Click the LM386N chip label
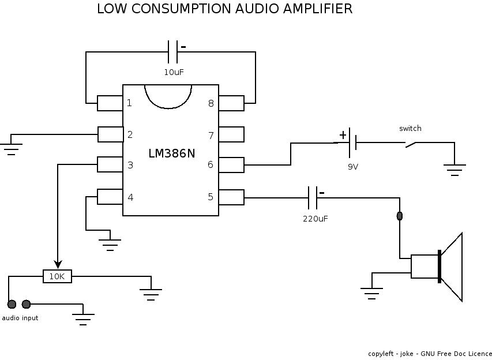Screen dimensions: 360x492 pyautogui.click(x=171, y=154)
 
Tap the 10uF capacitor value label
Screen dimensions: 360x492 pyautogui.click(x=174, y=72)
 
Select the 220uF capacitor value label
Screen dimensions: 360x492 pyautogui.click(x=316, y=219)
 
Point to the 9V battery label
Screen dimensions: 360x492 pyautogui.click(x=352, y=166)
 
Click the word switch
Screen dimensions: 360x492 pyautogui.click(x=410, y=128)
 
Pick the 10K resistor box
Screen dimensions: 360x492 pyautogui.click(x=57, y=276)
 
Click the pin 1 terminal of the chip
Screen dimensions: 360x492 pyautogui.click(x=110, y=103)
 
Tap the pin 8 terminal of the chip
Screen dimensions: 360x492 pyautogui.click(x=231, y=103)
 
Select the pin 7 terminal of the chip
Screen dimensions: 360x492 pyautogui.click(x=231, y=135)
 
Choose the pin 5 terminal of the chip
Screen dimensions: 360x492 pyautogui.click(x=231, y=197)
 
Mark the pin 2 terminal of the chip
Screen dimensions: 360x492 pyautogui.click(x=110, y=134)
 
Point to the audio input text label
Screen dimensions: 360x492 pyautogui.click(x=20, y=318)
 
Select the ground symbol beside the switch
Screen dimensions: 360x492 pyautogui.click(x=455, y=170)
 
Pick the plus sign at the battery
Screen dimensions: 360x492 pyautogui.click(x=343, y=135)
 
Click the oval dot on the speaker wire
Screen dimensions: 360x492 pyautogui.click(x=400, y=216)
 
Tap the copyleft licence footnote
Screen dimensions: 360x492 pyautogui.click(x=430, y=353)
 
